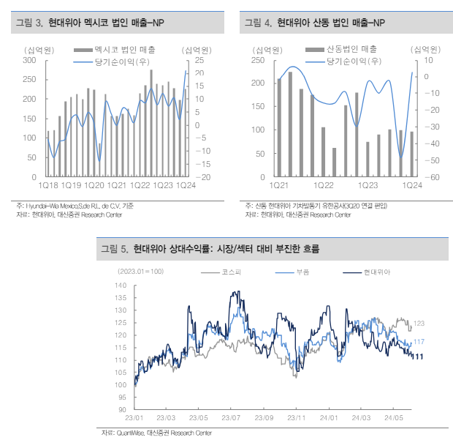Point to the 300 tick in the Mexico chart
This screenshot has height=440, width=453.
click(30, 59)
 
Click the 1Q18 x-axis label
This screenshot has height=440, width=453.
click(50, 186)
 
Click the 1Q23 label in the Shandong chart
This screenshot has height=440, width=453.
click(368, 186)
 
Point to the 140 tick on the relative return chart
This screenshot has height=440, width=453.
click(121, 286)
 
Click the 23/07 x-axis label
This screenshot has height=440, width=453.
click(231, 417)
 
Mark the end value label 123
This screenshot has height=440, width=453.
click(419, 323)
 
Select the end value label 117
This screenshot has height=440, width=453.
click(419, 342)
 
